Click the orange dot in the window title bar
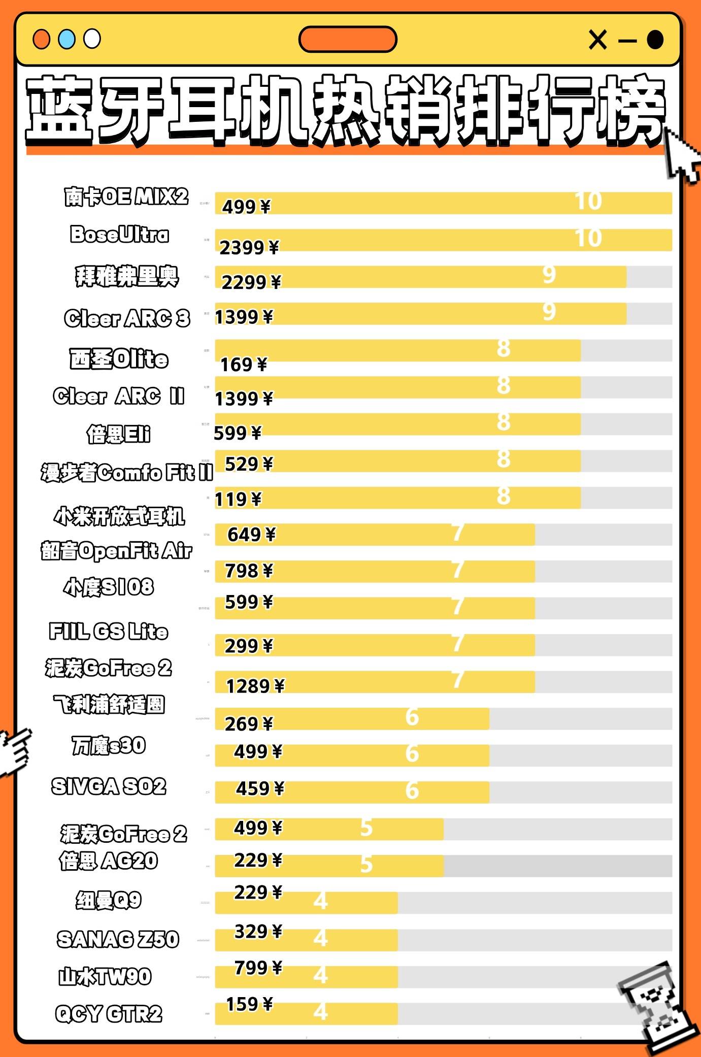click(41, 39)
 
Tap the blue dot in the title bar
click(66, 39)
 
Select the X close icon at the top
click(597, 40)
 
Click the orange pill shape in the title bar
click(348, 40)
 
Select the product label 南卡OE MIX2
click(126, 196)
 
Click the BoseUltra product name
click(119, 234)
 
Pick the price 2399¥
click(249, 247)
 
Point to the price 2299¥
click(251, 282)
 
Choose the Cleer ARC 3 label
click(127, 318)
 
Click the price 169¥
click(243, 364)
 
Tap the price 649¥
click(251, 534)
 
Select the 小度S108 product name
click(109, 587)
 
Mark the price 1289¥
click(255, 686)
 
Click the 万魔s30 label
click(109, 745)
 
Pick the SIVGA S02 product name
click(109, 786)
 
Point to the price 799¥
click(258, 968)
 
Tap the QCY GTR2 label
click(109, 1014)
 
